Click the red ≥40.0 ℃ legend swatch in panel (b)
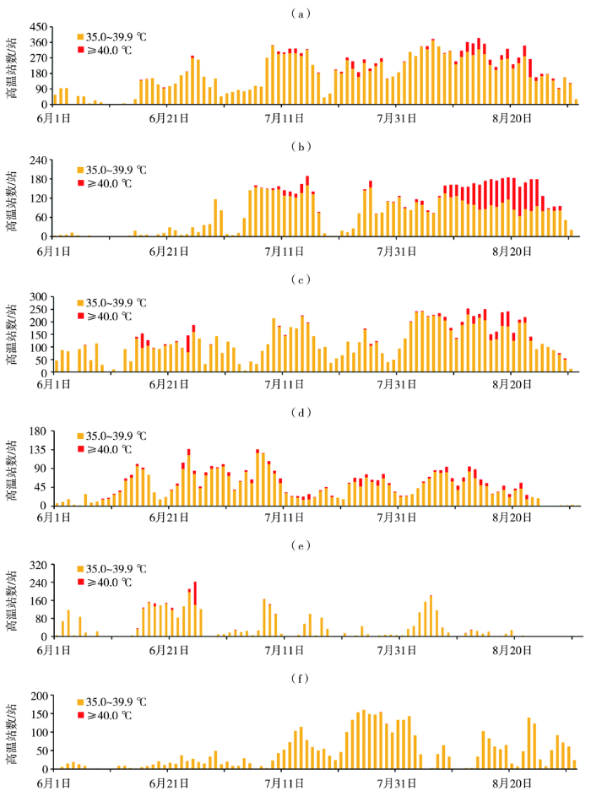coord(81,182)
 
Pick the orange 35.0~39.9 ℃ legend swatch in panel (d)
coord(81,436)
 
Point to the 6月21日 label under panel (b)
coord(168,250)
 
